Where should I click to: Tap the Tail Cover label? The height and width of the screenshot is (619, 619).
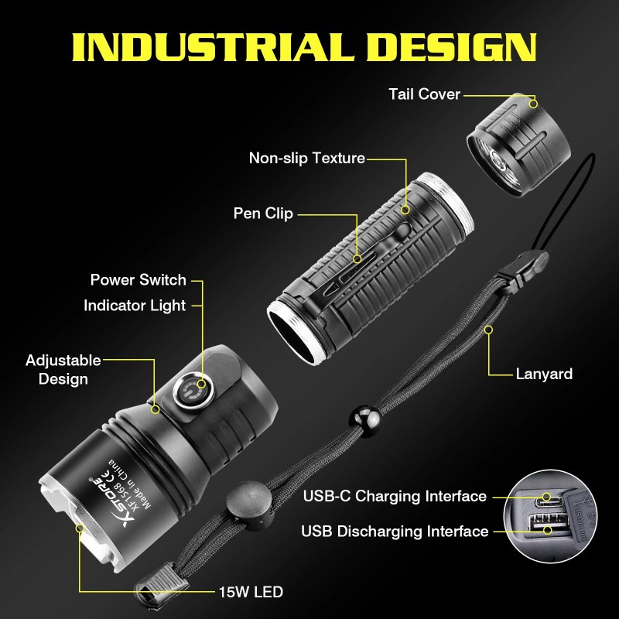pyautogui.click(x=424, y=94)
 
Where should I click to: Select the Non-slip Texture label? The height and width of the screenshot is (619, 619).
pyautogui.click(x=306, y=159)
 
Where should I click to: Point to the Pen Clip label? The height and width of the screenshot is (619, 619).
pyautogui.click(x=263, y=214)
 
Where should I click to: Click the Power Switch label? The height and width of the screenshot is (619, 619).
pyautogui.click(x=139, y=280)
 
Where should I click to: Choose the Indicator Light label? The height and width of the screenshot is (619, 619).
pyautogui.click(x=135, y=306)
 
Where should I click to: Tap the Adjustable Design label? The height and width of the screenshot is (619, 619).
pyautogui.click(x=63, y=370)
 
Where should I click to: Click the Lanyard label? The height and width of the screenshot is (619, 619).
pyautogui.click(x=544, y=374)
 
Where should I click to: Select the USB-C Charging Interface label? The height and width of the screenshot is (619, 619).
pyautogui.click(x=395, y=496)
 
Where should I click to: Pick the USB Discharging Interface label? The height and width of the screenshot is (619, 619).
pyautogui.click(x=395, y=532)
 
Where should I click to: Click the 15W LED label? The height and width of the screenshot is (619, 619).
pyautogui.click(x=250, y=593)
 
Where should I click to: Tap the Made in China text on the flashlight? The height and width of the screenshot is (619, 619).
pyautogui.click(x=125, y=470)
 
